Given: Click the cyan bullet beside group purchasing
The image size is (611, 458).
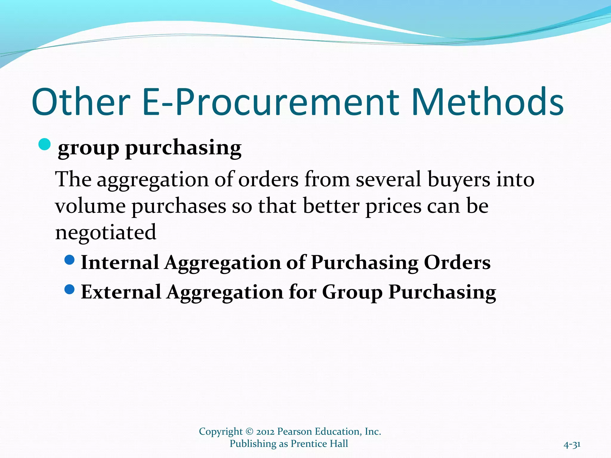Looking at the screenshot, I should click(44, 145).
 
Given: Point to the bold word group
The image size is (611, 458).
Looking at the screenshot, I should click(88, 148).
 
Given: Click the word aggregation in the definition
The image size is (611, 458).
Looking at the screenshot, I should click(152, 180).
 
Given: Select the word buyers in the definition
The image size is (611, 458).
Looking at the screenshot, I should click(459, 180).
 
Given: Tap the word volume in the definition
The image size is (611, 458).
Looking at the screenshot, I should click(90, 206).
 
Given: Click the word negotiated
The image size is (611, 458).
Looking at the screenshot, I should click(106, 232).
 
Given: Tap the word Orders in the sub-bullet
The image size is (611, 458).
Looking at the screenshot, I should click(457, 263).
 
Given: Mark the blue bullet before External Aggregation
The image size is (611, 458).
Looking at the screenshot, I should click(69, 289).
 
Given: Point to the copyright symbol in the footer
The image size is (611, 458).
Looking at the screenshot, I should click(249, 431).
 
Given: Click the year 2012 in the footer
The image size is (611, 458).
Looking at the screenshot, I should click(265, 431).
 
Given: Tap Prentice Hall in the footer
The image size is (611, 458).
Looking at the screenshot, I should click(319, 444).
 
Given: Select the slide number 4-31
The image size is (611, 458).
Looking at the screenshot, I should click(572, 445).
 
